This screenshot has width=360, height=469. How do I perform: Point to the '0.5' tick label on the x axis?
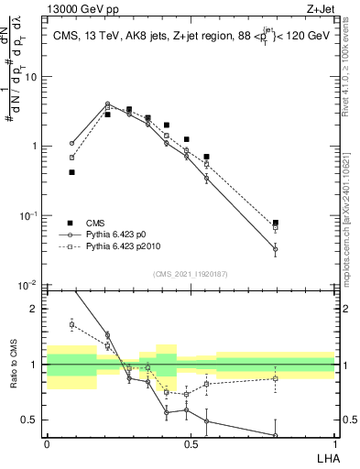point(191,444)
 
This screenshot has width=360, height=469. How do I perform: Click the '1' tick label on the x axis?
point(334,444)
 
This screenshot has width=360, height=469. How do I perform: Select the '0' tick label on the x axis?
point(47,444)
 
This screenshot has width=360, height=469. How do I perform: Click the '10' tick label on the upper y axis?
point(32,77)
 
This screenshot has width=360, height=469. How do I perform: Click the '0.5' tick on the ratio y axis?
point(32,420)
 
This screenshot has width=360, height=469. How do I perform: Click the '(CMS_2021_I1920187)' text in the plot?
point(191,273)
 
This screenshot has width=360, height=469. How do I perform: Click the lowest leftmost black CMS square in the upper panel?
point(71,172)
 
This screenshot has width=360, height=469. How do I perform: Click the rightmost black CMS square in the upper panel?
point(276,223)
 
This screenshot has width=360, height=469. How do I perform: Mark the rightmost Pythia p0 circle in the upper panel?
point(276,248)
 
